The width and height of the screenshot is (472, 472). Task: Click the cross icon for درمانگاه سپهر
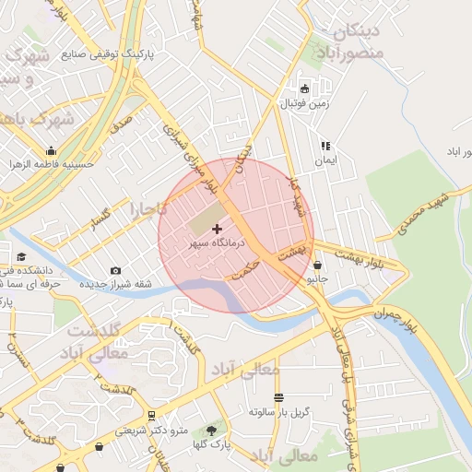click(x=217, y=228)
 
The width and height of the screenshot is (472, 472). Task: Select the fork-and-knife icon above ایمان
click(x=325, y=146)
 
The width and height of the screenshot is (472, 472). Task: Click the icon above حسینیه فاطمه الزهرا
click(x=50, y=151)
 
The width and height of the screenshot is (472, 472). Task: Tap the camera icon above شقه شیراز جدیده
click(x=115, y=270)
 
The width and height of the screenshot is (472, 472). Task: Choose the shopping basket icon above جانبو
click(x=318, y=265)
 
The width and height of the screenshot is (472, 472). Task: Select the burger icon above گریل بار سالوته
click(x=278, y=398)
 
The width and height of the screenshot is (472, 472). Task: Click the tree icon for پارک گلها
click(x=212, y=431)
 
